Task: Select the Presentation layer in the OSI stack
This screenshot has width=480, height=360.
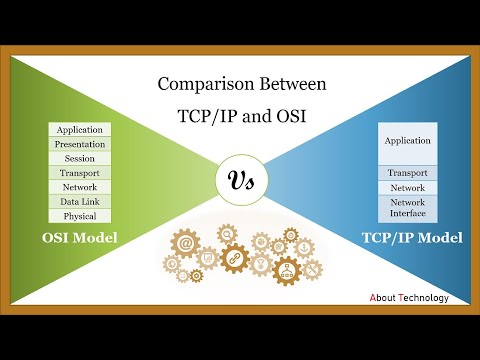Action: [80, 144]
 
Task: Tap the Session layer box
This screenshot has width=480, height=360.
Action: [80, 158]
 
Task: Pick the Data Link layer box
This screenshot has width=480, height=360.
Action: [80, 201]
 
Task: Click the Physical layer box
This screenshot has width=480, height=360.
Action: [80, 215]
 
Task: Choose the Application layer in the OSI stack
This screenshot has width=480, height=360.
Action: [80, 130]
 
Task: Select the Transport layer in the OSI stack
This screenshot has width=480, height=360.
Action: [80, 172]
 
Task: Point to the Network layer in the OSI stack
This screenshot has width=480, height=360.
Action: [80, 187]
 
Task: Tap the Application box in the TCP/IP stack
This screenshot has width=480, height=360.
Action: [407, 142]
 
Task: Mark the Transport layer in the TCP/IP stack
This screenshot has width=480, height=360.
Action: [407, 173]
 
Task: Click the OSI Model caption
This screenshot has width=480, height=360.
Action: [80, 237]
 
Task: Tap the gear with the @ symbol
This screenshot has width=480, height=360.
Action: [187, 241]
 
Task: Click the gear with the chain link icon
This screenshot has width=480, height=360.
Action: [235, 258]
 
